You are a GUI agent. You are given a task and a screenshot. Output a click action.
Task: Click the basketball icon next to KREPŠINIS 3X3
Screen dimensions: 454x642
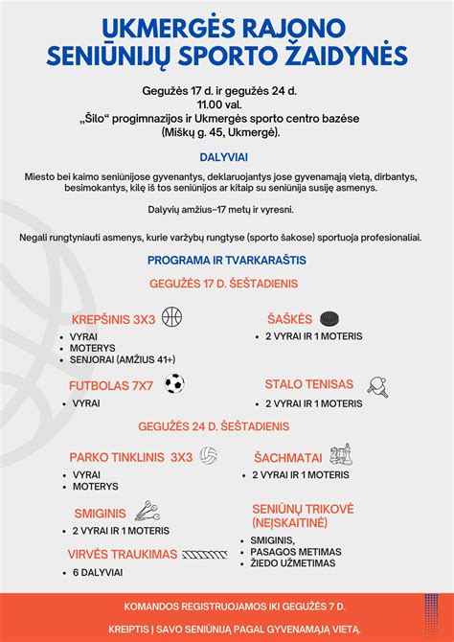(172, 317)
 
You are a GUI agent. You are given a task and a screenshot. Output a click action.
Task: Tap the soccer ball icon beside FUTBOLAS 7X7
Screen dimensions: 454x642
(174, 384)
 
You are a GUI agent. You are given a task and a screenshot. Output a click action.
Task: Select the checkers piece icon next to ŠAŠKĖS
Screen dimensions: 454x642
(329, 317)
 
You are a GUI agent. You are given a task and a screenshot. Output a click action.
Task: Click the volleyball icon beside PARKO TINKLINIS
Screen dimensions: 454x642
(209, 456)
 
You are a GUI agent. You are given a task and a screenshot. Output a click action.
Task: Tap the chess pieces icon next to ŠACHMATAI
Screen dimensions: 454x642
(340, 454)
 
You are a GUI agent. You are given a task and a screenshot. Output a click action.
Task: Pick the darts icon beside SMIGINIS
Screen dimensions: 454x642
(146, 511)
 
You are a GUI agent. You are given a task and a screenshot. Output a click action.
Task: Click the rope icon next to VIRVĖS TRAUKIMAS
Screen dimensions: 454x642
(208, 554)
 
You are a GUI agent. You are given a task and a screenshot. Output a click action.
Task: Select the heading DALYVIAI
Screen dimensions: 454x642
(226, 155)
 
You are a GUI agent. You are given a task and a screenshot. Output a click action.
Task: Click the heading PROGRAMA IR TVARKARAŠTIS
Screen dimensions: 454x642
(226, 260)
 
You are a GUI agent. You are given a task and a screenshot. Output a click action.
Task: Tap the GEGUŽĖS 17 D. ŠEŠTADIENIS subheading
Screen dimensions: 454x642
(226, 284)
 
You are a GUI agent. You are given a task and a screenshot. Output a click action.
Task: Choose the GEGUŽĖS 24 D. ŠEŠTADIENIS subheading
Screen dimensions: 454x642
(226, 425)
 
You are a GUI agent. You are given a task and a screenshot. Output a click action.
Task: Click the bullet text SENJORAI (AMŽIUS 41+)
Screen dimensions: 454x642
(124, 359)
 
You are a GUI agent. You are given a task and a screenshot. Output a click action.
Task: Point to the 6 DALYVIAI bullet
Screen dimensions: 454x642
(98, 572)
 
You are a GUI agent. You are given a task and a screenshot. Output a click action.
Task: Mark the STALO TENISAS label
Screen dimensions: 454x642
(309, 384)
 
